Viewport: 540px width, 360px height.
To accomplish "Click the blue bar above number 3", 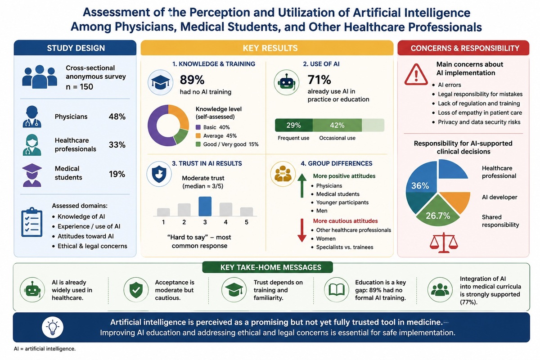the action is click(x=205, y=206).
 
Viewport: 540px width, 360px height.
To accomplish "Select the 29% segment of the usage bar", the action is click(x=294, y=125).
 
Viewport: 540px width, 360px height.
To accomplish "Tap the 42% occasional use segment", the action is click(x=337, y=125).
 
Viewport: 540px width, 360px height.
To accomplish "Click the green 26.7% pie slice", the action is click(x=438, y=212).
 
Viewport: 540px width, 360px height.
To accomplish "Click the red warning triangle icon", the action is click(x=416, y=74).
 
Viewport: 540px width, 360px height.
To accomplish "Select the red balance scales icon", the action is click(x=444, y=243).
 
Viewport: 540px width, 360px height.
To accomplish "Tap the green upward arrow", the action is click(x=302, y=186).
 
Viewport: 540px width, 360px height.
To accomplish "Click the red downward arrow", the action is click(x=302, y=230).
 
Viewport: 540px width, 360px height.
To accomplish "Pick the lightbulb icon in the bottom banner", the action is click(x=53, y=327).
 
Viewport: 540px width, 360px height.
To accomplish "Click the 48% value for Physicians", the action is click(x=117, y=117).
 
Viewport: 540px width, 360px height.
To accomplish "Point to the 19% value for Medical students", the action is click(x=117, y=174).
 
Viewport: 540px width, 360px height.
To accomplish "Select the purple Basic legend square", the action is click(x=198, y=127).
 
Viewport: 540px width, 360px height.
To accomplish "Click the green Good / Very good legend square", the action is click(x=198, y=144).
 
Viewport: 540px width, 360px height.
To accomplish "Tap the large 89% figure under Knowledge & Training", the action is click(x=192, y=80).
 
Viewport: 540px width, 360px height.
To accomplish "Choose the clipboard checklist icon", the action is click(x=32, y=222).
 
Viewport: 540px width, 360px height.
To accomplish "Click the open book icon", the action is click(x=337, y=290).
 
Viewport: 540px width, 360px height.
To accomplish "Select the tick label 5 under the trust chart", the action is click(x=247, y=222).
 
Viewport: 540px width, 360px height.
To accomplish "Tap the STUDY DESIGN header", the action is click(x=76, y=48).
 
